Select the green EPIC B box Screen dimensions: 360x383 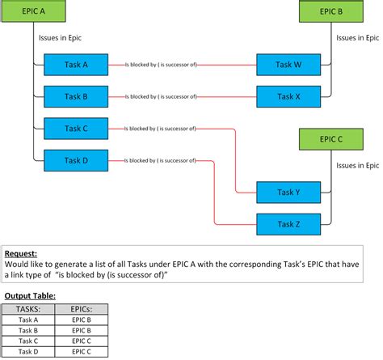[x=330, y=11]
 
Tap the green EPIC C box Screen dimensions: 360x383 [x=330, y=138]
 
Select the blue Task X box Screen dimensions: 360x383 [x=288, y=96]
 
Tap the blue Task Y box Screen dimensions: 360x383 [x=288, y=193]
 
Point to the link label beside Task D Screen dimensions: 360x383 [x=161, y=160]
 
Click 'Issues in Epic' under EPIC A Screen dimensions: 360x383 [x=60, y=37]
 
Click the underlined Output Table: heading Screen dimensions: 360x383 [x=30, y=296]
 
